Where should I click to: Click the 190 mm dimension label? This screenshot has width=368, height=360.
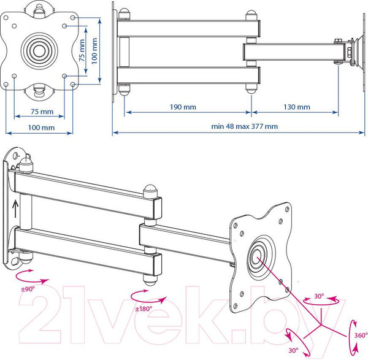[x=183, y=107]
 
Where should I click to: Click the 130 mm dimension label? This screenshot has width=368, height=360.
[x=297, y=107]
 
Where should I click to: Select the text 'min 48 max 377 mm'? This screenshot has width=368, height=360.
[x=244, y=126]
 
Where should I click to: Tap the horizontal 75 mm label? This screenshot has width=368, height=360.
[x=42, y=111]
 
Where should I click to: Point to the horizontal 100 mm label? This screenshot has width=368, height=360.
[x=41, y=128]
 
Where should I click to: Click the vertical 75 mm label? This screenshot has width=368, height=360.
[x=82, y=50]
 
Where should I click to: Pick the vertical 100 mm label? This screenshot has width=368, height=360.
[x=94, y=51]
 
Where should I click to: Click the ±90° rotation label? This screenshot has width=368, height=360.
[x=28, y=289]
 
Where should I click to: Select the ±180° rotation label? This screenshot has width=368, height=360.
[x=144, y=308]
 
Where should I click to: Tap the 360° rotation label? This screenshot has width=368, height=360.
[x=361, y=335]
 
